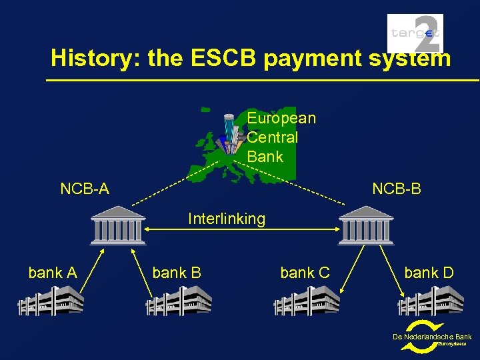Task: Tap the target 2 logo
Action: point(415,33)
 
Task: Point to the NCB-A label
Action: point(85,189)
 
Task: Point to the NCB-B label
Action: point(397,189)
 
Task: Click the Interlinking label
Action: point(227,219)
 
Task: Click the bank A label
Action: point(53,273)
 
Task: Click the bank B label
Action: point(177,273)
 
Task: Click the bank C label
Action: point(305,273)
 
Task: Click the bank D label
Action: point(429,273)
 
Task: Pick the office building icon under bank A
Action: point(51,301)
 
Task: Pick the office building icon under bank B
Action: point(179,301)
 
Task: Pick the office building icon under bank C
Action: point(307,301)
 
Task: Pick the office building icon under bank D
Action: point(431,301)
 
